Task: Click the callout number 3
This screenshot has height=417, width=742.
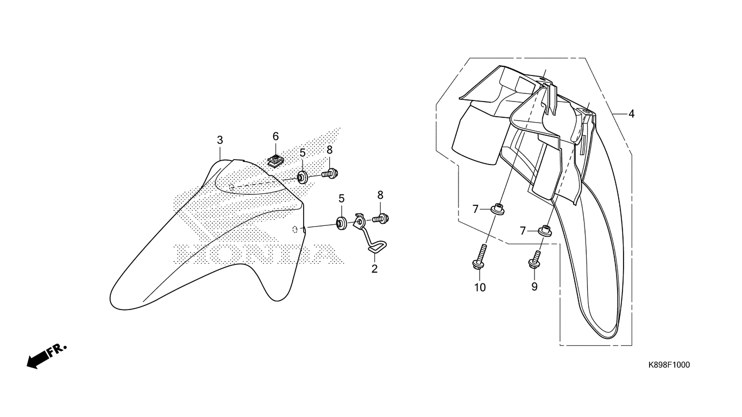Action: (220, 140)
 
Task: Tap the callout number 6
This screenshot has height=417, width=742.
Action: (275, 136)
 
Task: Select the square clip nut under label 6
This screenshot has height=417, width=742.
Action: (275, 161)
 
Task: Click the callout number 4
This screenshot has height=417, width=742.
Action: (631, 114)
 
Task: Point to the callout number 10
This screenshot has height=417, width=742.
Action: (480, 287)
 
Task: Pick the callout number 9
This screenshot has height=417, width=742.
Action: (535, 287)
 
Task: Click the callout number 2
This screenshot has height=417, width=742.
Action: (374, 269)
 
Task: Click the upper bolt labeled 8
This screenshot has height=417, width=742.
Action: (330, 173)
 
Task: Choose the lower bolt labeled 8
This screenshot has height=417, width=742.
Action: (381, 219)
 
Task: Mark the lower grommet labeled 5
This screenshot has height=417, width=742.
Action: (342, 223)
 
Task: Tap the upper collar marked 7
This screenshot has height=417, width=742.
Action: (497, 209)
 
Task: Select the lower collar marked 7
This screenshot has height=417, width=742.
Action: (544, 231)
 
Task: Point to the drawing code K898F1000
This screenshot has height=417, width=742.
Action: (669, 365)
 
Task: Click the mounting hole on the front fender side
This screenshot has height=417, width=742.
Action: (295, 229)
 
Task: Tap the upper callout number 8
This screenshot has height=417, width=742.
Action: (330, 150)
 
